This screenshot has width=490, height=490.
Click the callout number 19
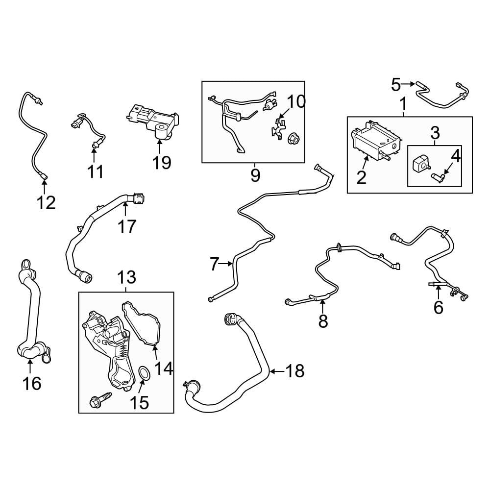coord(162,163)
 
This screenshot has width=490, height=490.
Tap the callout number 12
coord(46,202)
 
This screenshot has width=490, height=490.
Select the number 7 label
coord(214,264)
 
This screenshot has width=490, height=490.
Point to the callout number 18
coord(295,371)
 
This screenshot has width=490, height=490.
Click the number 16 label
coord(32,383)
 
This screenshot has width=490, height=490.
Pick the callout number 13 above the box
coord(126,277)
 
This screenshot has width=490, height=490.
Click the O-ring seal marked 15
coord(144,373)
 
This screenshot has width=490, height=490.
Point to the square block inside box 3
coord(418,163)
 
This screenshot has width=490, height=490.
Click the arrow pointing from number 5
coord(409,84)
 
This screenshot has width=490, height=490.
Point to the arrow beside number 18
coord(277,371)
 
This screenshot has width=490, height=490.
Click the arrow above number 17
coord(125,209)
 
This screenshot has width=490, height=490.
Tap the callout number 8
coord(323,320)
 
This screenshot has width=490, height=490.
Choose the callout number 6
coord(438,307)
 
